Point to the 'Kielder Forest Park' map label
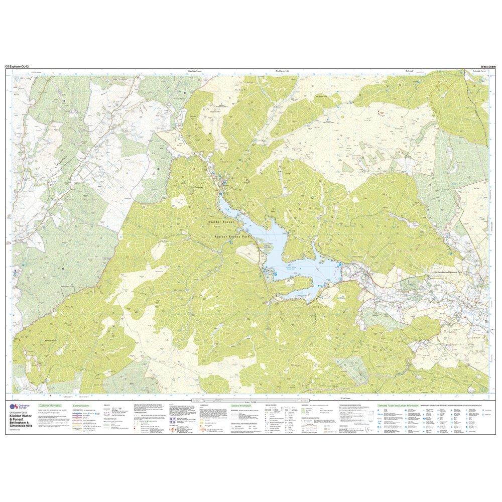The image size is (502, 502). [x=231, y=236]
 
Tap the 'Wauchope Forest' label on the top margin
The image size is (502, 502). [x=193, y=71]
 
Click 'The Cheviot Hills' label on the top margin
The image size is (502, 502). [x=283, y=71]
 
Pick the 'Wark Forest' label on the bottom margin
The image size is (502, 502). [x=344, y=396]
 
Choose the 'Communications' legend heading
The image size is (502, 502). [x=81, y=405]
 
